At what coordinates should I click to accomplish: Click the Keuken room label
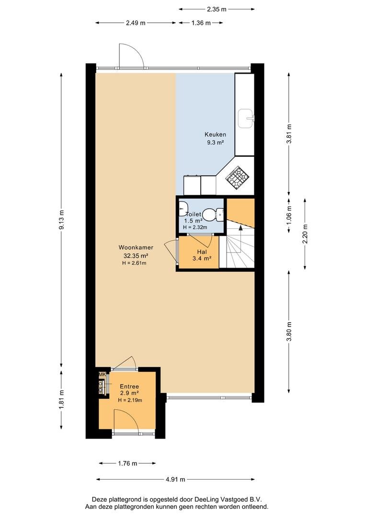[215, 135]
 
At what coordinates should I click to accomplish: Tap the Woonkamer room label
[136, 247]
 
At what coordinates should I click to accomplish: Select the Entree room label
[129, 386]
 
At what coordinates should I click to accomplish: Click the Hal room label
[202, 252]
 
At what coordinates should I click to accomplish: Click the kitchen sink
[246, 118]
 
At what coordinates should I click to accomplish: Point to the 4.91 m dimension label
[175, 479]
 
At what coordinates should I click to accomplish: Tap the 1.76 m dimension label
[127, 463]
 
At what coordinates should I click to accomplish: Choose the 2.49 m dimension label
[136, 23]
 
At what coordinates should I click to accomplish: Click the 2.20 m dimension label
[305, 234]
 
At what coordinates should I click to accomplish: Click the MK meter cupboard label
[103, 374]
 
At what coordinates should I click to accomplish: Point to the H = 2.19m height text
[130, 400]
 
